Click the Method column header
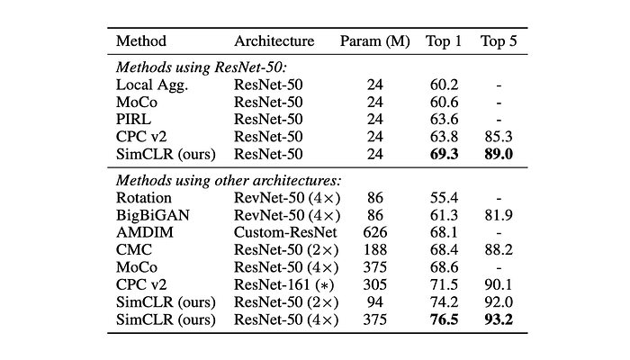[x=141, y=41]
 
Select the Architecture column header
[x=274, y=41]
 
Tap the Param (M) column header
[x=375, y=41]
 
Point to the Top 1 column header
[x=444, y=41]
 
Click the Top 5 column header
[x=499, y=41]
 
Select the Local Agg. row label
[x=152, y=85]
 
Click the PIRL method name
[x=133, y=120]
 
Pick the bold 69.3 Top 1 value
[x=444, y=154]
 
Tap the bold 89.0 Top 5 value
[x=499, y=154]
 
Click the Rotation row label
[x=144, y=198]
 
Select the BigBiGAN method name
[x=153, y=215]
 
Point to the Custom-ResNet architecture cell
[x=285, y=232]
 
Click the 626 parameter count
[x=375, y=232]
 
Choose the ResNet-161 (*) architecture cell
[x=284, y=285]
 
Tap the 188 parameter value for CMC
[x=375, y=250]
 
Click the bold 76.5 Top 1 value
[x=444, y=319]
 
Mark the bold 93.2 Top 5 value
[x=499, y=319]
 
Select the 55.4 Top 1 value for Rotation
[x=444, y=198]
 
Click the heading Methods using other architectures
[x=229, y=180]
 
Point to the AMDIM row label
[x=145, y=232]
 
